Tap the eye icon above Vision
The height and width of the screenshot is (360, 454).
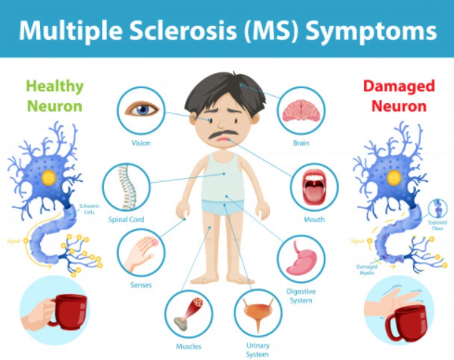(141, 109)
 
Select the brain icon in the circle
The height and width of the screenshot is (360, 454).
(301, 109)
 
